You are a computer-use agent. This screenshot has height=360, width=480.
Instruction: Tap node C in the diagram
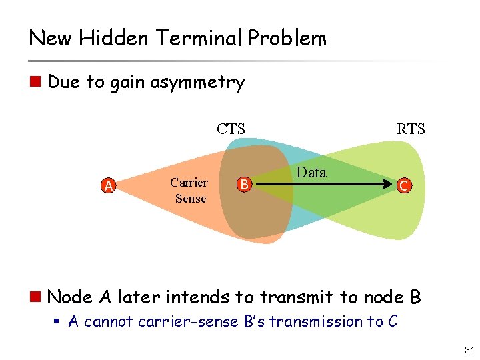pyautogui.click(x=403, y=186)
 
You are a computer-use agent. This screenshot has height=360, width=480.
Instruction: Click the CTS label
pyautogui.click(x=231, y=129)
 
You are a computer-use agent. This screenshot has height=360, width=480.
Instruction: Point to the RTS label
pyautogui.click(x=410, y=129)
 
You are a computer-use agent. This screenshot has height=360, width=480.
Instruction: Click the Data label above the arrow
pyautogui.click(x=311, y=173)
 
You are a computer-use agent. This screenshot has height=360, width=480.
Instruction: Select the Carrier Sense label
pyautogui.click(x=189, y=191)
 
